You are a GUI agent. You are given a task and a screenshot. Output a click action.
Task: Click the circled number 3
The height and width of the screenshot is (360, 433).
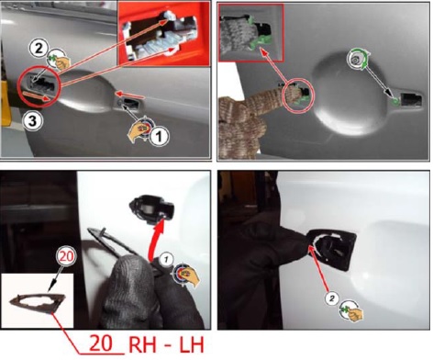coord(32,121)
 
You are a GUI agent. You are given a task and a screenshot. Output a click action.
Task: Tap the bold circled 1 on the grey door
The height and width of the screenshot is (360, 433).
coord(159,135)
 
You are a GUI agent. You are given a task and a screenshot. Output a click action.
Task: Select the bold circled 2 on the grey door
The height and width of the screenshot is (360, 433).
coord(38,49)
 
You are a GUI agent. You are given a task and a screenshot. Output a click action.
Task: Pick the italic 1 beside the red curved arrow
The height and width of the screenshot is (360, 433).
coord(165,260)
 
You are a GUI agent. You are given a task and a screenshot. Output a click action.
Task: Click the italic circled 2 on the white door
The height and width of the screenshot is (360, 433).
coord(332,298)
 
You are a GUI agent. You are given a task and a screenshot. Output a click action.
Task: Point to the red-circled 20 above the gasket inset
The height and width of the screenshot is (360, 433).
coord(66,256)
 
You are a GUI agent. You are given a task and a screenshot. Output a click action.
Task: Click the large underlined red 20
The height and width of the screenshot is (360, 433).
coord(101,343)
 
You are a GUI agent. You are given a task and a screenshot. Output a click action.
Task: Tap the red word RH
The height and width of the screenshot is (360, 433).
coord(144,345)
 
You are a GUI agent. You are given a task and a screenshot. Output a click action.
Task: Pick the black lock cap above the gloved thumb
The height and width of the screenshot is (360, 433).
coord(151,209)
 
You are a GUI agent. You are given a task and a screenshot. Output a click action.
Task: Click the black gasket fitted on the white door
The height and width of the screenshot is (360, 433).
coord(332,250)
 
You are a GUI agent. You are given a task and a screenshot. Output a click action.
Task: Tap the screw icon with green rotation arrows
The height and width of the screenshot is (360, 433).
coord(359,60)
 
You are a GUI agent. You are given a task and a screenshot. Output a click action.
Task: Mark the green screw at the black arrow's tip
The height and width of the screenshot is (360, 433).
coord(395,101)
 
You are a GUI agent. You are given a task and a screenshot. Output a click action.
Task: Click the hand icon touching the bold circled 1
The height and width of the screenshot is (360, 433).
coord(139,129)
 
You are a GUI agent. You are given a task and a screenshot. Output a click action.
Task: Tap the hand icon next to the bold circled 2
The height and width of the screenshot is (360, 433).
coord(60,60)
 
